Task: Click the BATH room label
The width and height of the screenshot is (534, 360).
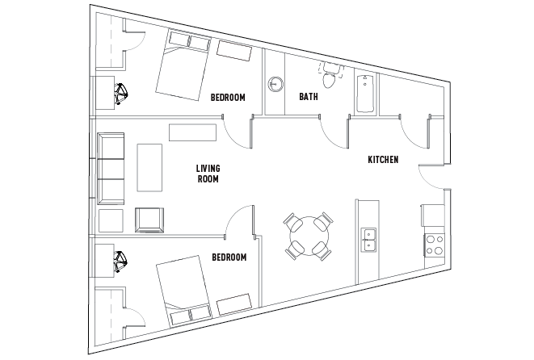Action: tap(309, 97)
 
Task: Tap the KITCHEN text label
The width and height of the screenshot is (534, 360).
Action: tap(383, 160)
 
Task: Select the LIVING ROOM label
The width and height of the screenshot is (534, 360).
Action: tap(208, 174)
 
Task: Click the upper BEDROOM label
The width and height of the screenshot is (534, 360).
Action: tap(227, 98)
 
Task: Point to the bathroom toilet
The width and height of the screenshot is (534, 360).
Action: tap(329, 78)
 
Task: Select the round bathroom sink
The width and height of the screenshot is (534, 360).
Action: tap(276, 83)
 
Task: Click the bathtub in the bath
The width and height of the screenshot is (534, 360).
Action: tap(365, 93)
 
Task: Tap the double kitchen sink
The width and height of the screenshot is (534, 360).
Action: tap(371, 241)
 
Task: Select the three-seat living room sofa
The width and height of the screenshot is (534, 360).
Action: tap(110, 167)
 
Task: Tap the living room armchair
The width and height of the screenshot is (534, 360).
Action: tap(149, 219)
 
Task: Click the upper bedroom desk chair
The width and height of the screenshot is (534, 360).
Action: tap(121, 94)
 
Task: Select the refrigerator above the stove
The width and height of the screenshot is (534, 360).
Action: tap(431, 215)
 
